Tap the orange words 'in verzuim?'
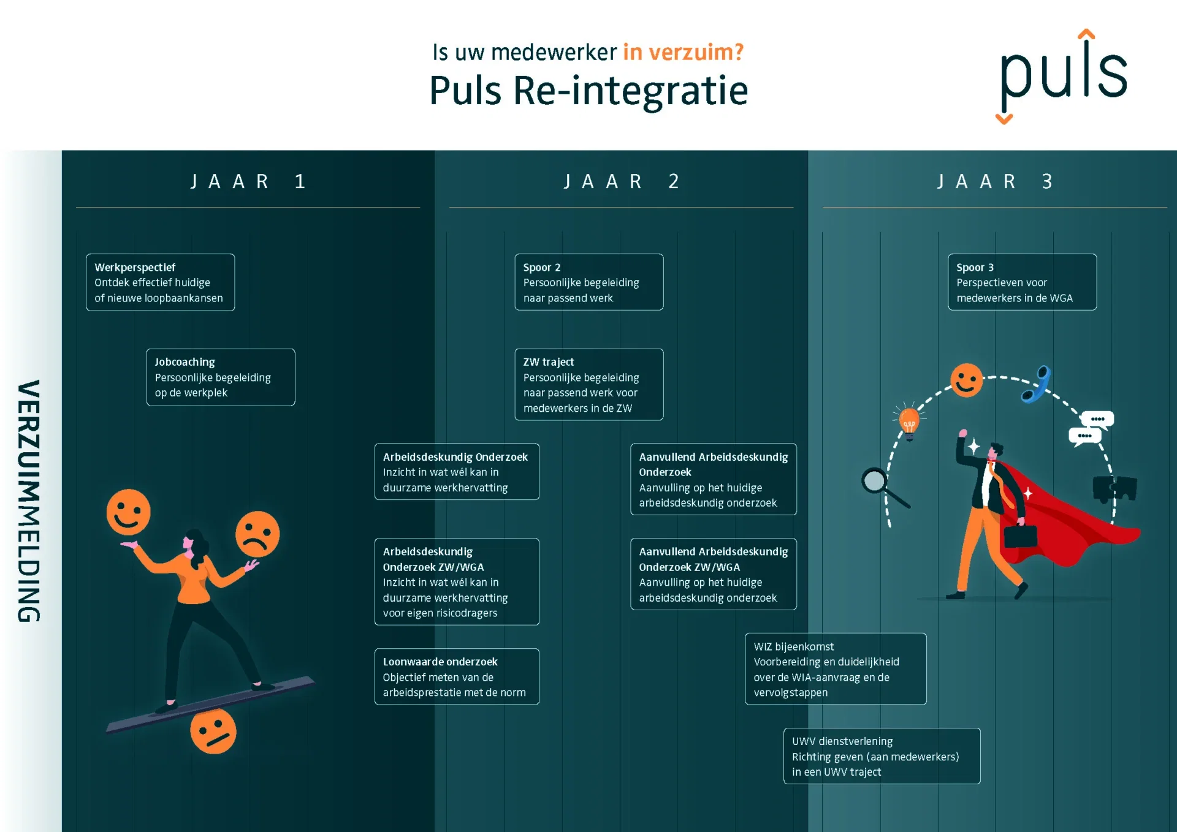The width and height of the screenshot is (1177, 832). click(684, 52)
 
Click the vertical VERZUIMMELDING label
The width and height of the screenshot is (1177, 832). click(29, 501)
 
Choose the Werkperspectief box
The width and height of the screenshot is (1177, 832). click(161, 282)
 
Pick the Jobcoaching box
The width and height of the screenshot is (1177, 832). click(221, 377)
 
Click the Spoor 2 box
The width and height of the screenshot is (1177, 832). click(589, 282)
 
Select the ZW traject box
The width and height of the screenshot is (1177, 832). click(589, 385)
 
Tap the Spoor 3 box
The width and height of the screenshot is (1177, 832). click(1023, 282)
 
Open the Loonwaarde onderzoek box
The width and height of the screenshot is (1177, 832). click(457, 677)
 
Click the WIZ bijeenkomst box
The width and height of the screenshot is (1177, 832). click(836, 669)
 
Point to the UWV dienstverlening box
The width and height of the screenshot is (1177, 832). click(882, 756)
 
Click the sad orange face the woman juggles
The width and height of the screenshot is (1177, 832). click(257, 534)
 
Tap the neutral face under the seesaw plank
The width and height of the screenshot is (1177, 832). click(213, 731)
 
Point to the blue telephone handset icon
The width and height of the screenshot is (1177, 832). click(1037, 384)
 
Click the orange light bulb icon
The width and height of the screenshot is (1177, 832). click(909, 421)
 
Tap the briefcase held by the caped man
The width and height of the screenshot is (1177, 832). click(1021, 535)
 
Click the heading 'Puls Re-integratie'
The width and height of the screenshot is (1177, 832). click(588, 91)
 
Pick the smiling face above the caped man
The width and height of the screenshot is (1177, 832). click(967, 380)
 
